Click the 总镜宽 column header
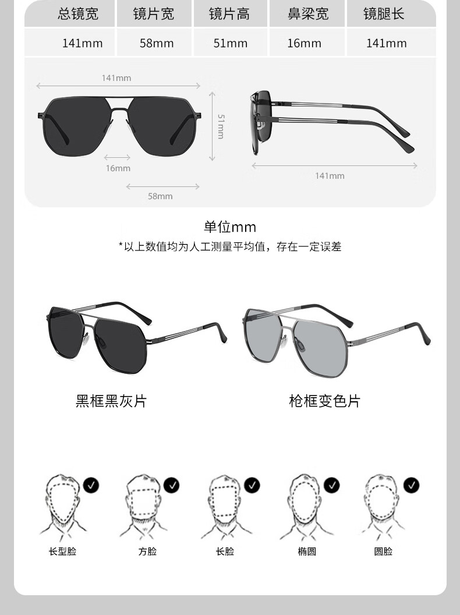point(78,14)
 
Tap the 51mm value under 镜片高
point(230,43)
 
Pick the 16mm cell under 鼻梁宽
point(304,43)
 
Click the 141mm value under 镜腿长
point(386,43)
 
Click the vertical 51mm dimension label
point(221,126)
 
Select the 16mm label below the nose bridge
point(118,168)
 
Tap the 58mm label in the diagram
point(160,196)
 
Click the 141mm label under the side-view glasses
point(330,176)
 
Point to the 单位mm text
point(230,227)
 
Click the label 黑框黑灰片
point(111,401)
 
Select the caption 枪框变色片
point(324,401)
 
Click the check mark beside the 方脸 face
point(171,485)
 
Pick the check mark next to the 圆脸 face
point(412,485)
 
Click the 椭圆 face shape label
point(307,552)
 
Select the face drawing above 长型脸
point(63,504)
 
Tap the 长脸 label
point(225,552)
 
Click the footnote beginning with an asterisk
point(230,247)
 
